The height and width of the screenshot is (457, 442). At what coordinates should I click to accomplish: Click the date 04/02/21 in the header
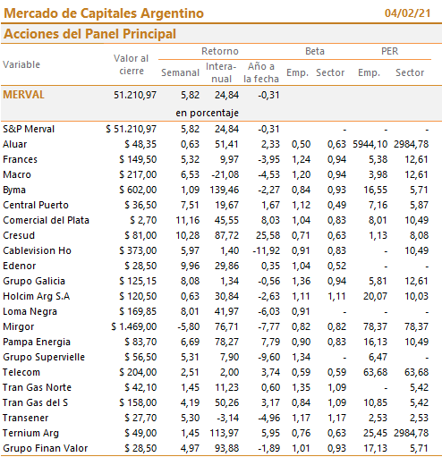click(407, 13)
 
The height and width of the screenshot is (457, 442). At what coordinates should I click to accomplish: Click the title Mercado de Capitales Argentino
click(104, 13)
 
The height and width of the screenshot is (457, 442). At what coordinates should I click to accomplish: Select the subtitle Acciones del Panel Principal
click(89, 34)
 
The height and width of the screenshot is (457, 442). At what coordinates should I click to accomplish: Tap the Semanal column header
click(180, 72)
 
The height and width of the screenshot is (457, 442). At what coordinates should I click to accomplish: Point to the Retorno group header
click(220, 51)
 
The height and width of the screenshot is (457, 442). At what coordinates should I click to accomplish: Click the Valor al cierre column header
click(132, 64)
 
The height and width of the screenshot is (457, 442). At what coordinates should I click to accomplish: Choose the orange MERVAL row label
click(23, 95)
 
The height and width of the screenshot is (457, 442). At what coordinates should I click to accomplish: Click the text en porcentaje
click(207, 113)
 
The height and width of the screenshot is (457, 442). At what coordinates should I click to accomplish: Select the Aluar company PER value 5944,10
click(370, 144)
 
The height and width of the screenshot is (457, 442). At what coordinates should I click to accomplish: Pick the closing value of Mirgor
click(134, 326)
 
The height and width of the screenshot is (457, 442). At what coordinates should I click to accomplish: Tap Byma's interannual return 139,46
click(224, 190)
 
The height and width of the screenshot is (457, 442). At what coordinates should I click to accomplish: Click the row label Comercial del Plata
click(46, 220)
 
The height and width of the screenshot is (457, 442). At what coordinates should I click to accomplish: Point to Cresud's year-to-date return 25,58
click(268, 235)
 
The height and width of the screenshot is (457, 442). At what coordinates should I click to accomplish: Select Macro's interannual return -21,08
click(225, 174)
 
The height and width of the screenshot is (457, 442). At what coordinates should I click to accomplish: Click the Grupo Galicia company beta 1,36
click(301, 281)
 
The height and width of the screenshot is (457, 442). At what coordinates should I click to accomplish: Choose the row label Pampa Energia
click(37, 342)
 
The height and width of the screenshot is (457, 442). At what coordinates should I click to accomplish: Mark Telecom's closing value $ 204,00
click(138, 372)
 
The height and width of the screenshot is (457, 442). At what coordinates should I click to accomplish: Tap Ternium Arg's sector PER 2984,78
click(411, 433)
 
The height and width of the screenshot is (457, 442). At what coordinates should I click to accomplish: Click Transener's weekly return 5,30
click(190, 418)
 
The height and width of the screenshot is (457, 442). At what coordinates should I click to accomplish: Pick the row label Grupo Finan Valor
click(46, 448)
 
